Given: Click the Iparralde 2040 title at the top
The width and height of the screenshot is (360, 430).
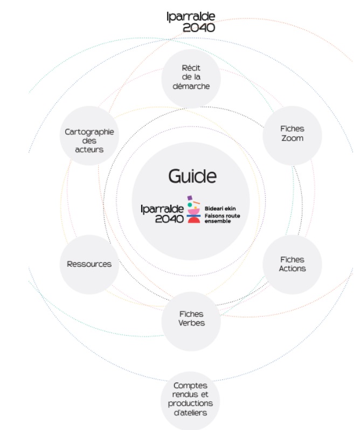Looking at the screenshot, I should click(190, 22).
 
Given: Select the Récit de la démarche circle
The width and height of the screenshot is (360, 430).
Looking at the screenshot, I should click(191, 77).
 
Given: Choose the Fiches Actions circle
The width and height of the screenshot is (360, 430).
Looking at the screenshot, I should click(292, 264).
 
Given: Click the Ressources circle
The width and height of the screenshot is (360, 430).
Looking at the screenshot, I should click(89, 264).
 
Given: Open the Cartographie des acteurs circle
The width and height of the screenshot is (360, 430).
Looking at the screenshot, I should click(89, 140).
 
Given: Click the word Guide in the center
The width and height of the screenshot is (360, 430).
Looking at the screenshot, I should click(192, 176).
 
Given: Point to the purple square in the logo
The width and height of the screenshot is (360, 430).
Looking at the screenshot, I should click(190, 198).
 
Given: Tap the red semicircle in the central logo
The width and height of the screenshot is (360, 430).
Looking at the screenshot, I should click(194, 220).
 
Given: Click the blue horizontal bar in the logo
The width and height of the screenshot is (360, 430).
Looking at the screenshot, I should click(194, 216).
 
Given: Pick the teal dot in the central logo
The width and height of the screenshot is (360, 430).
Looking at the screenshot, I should click(190, 205).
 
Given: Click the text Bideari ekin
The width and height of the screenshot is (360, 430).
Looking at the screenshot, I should click(220, 208).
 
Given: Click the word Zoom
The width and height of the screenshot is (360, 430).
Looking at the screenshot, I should click(292, 138).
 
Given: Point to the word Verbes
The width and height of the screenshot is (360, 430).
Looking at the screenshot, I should click(191, 323).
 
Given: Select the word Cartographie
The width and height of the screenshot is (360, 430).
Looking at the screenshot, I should click(89, 132).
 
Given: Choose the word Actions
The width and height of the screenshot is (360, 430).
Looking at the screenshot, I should click(292, 268).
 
